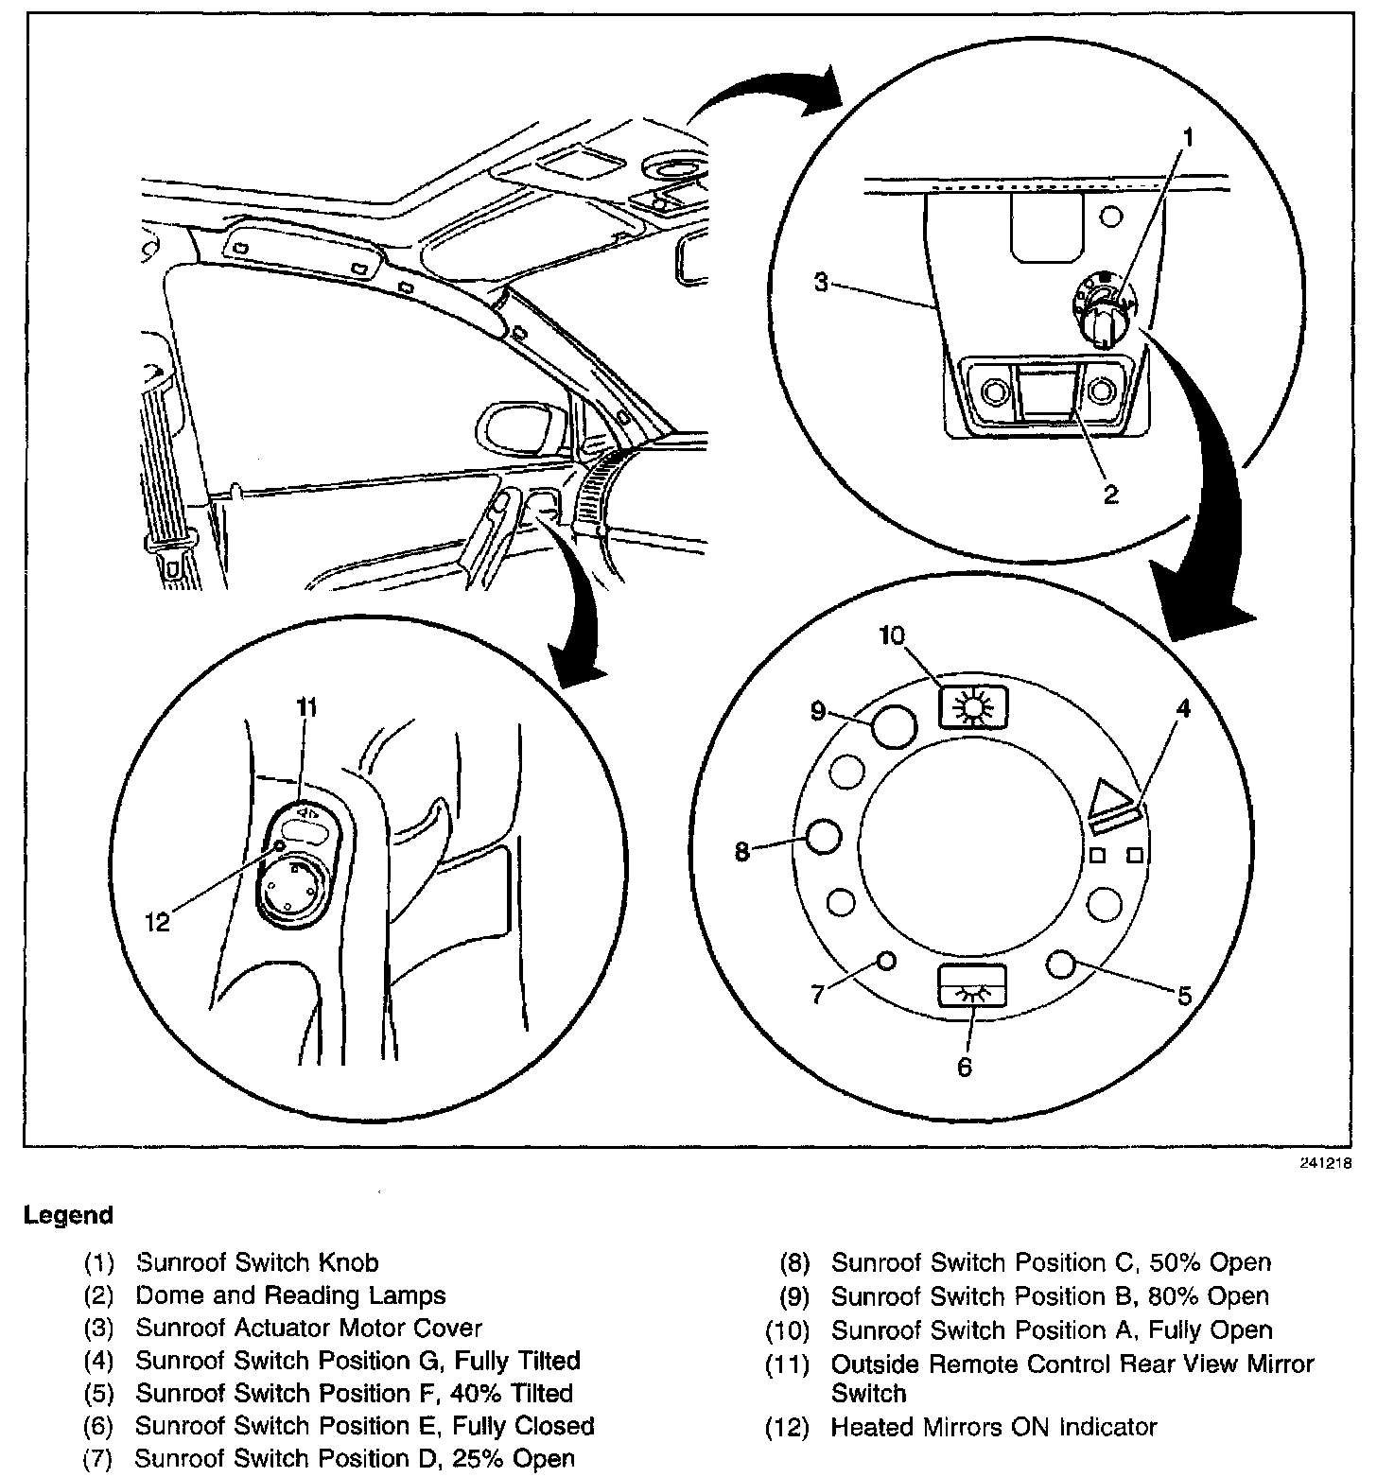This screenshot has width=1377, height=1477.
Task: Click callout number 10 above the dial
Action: pos(892,634)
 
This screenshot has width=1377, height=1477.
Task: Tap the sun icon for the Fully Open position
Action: pos(973,705)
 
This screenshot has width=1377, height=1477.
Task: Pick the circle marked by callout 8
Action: pos(822,837)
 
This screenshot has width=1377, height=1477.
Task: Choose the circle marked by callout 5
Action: pos(1062,964)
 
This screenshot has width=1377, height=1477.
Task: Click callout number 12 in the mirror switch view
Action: pos(157,921)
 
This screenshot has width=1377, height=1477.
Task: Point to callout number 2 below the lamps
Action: pos(1110,494)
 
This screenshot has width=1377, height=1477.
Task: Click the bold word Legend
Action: pos(68,1215)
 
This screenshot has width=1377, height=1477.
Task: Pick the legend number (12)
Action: pos(788,1427)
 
